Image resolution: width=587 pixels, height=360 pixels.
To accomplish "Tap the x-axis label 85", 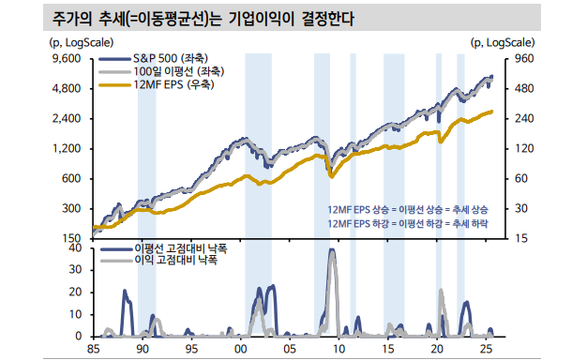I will click(x=92, y=350).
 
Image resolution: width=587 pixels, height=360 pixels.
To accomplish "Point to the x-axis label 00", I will click(x=240, y=350).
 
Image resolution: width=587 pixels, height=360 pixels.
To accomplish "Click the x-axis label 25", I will click(x=486, y=350).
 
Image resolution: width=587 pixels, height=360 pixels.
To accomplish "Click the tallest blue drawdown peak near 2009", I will click(x=332, y=250).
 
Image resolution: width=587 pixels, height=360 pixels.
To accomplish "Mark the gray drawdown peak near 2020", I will click(x=441, y=291).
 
